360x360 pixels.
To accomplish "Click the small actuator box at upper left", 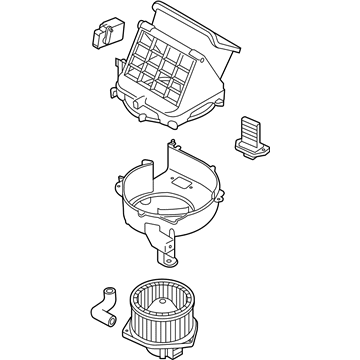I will pyautogui.click(x=104, y=32).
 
